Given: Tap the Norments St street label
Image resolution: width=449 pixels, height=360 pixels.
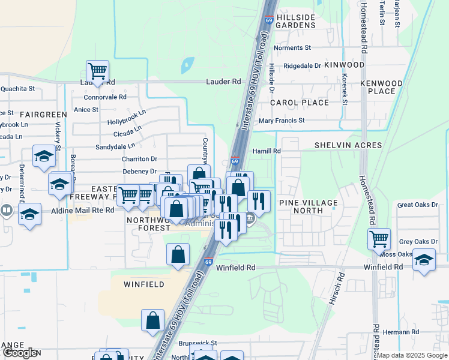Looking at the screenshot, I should [292, 47].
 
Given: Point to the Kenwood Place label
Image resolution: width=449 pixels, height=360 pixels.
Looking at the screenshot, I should [381, 87].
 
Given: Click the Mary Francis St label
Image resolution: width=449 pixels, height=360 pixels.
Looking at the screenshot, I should [282, 121].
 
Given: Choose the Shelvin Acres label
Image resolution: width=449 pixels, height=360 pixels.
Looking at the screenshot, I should [348, 145].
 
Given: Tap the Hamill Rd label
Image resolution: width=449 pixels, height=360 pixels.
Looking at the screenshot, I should [267, 151].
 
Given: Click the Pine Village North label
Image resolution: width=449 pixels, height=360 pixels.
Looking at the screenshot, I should [309, 207].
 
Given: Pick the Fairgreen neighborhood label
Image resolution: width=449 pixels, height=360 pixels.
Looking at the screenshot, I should [43, 114].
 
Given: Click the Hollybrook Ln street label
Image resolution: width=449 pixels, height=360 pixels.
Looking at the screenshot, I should [127, 117].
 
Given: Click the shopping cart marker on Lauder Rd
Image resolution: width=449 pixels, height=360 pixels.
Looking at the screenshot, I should [97, 71].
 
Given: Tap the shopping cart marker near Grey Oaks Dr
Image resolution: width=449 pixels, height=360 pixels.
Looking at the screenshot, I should [379, 239].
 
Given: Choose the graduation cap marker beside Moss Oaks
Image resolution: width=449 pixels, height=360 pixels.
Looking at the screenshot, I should [424, 260].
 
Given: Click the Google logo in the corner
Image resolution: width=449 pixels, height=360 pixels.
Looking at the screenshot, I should [20, 353].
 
